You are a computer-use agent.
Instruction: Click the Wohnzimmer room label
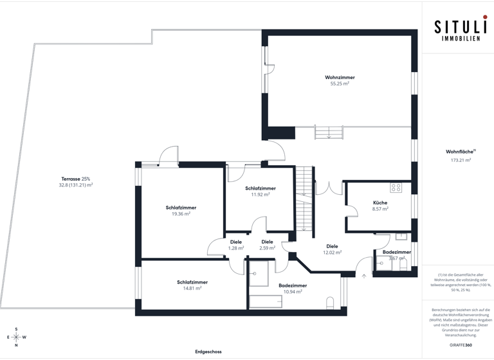coord(340,77)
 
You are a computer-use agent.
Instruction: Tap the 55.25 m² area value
coord(340,84)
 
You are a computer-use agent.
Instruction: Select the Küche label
coord(380,203)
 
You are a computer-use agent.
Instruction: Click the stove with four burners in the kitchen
coord(396,188)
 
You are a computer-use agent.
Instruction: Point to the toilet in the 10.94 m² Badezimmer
coord(330,303)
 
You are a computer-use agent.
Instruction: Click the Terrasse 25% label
coord(76,178)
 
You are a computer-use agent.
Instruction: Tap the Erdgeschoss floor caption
coord(208,352)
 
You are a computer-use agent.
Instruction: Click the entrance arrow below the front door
coord(364,276)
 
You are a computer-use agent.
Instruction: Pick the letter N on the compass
coord(17,345)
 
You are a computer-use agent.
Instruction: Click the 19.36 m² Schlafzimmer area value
coord(181,214)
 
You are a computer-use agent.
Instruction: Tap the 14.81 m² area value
coord(192,289)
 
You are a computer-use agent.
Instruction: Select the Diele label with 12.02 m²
coord(332,246)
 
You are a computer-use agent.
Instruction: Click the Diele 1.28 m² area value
coord(236,248)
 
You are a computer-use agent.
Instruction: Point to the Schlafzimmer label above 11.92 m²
coord(261,188)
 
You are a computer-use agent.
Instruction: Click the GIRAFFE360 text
coord(461,345)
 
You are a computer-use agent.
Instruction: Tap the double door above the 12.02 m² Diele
coord(328,188)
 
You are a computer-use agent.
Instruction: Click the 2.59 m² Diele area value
coord(268,248)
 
